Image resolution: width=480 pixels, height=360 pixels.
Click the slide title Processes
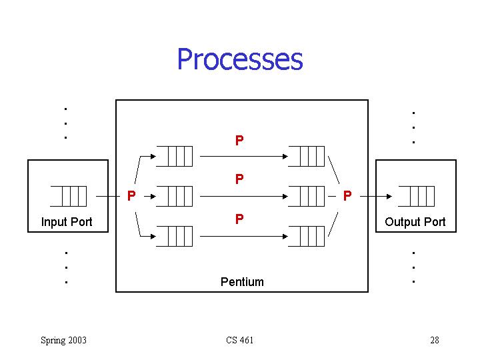click(240, 59)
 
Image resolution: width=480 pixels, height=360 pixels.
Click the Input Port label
click(67, 222)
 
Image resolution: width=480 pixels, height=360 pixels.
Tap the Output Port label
click(415, 222)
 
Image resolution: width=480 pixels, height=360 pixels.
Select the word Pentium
click(242, 282)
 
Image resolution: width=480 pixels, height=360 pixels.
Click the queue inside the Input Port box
click(69, 196)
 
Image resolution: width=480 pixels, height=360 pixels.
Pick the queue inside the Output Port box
click(417, 196)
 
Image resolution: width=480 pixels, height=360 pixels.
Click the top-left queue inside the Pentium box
click(175, 156)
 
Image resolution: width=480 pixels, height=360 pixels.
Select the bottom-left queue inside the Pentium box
click(175, 236)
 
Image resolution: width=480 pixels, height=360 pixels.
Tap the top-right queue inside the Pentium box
click(307, 156)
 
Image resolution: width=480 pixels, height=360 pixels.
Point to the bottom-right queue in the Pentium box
click(307, 236)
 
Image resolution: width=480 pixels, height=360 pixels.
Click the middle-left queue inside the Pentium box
click(175, 196)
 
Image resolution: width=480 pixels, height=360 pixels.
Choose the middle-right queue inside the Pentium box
click(307, 196)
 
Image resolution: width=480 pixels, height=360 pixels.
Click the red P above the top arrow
click(239, 141)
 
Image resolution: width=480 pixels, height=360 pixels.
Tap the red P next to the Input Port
click(132, 196)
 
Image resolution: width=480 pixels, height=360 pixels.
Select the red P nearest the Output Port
click(347, 196)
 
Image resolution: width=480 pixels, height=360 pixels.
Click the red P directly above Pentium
click(239, 219)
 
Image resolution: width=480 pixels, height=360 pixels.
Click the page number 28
click(435, 341)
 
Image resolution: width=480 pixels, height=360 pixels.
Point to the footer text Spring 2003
click(63, 341)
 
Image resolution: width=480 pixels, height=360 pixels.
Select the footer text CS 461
click(239, 341)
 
